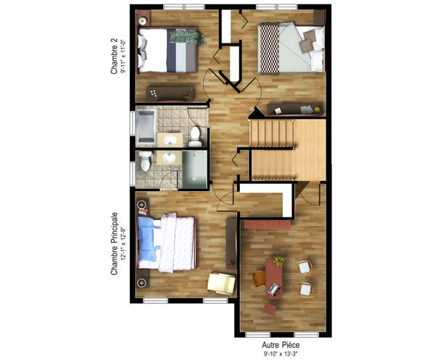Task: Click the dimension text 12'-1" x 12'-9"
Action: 124,243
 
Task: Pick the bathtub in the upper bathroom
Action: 145,126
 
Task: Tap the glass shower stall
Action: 192,169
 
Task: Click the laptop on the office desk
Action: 274,290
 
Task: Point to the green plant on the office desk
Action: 279,260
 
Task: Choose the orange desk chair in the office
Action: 258,277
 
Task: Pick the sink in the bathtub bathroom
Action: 171,140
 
